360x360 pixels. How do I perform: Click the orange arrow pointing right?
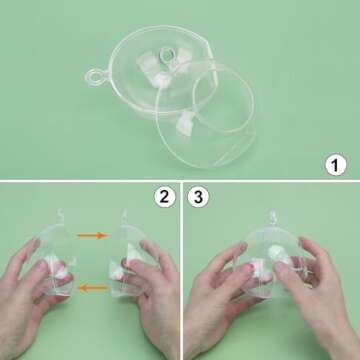(x=92, y=235)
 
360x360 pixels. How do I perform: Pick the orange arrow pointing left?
(x=92, y=288)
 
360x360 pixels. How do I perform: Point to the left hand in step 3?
(x=215, y=305)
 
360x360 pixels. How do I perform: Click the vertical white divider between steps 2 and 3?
(x=181, y=270)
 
